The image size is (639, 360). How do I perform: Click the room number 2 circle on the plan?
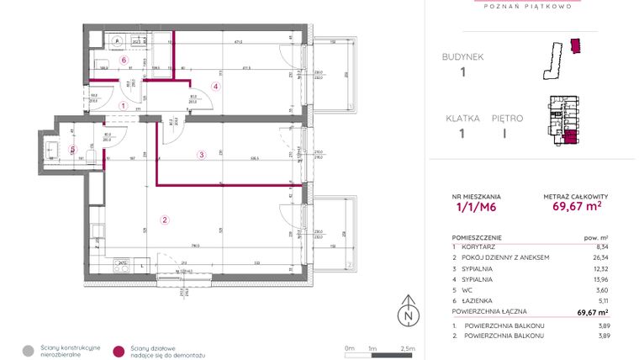(165, 221)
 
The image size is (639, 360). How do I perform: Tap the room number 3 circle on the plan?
(201, 154)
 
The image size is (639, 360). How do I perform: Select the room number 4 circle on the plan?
(215, 86)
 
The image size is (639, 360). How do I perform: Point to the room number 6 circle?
(123, 61)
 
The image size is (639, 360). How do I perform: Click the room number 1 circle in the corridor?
(123, 106)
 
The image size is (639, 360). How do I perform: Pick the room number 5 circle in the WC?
(72, 151)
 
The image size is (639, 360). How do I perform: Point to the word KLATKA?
(462, 119)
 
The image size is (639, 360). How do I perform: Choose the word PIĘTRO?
(508, 119)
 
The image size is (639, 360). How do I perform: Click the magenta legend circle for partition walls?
(119, 350)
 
